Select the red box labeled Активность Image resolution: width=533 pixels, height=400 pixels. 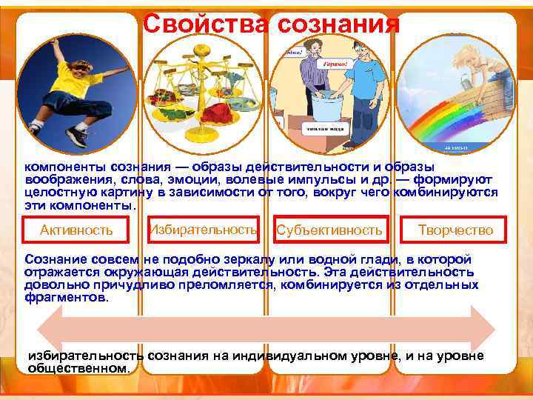tap(76, 230)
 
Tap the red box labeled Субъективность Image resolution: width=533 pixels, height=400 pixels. tap(329, 230)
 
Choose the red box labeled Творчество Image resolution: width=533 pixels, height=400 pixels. tap(455, 230)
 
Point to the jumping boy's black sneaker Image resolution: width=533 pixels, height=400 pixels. tap(76, 137)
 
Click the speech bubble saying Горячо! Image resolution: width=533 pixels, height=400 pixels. tap(333, 64)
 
